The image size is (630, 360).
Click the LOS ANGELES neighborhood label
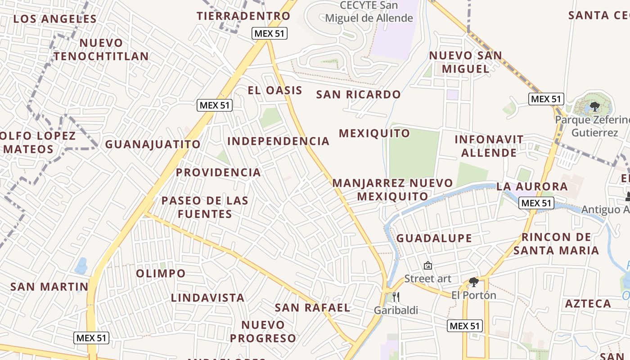(x=55, y=19)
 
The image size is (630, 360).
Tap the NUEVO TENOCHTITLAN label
(x=101, y=49)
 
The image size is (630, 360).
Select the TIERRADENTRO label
(x=243, y=16)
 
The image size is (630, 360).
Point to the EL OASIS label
(x=275, y=90)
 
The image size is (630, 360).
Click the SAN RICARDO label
(x=358, y=94)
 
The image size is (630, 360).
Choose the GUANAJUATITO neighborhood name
(x=153, y=144)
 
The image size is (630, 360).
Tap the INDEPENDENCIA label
(x=278, y=141)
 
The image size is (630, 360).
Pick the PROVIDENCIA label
(x=218, y=172)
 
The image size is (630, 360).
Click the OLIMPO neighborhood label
(x=161, y=273)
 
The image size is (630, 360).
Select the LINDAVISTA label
(x=207, y=297)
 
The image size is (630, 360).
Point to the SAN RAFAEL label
(x=312, y=308)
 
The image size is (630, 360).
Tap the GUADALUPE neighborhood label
(x=434, y=238)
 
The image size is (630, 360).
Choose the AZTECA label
(x=588, y=304)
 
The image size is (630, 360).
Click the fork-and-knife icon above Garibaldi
(x=396, y=297)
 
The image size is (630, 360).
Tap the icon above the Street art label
(x=427, y=266)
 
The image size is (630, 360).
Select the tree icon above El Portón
(x=473, y=282)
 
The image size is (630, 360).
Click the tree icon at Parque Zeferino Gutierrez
(x=594, y=107)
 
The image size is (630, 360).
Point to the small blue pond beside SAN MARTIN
(x=81, y=266)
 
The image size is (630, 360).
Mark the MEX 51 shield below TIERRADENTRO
(x=269, y=33)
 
